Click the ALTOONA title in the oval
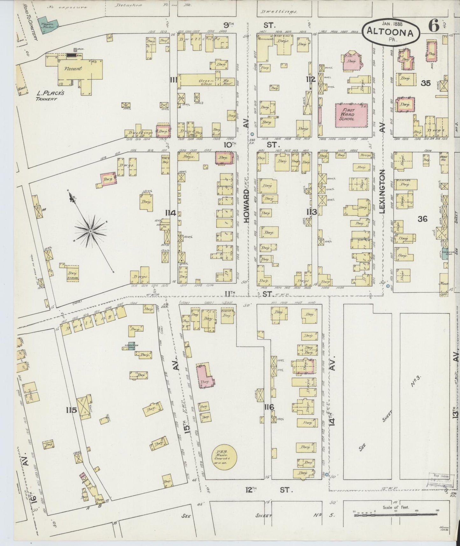pyautogui.click(x=391, y=32)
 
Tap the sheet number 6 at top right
pyautogui.click(x=434, y=25)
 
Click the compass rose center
pyautogui.click(x=91, y=231)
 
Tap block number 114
pyautogui.click(x=171, y=213)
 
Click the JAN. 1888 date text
pyautogui.click(x=390, y=24)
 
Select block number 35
pyautogui.click(x=426, y=83)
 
